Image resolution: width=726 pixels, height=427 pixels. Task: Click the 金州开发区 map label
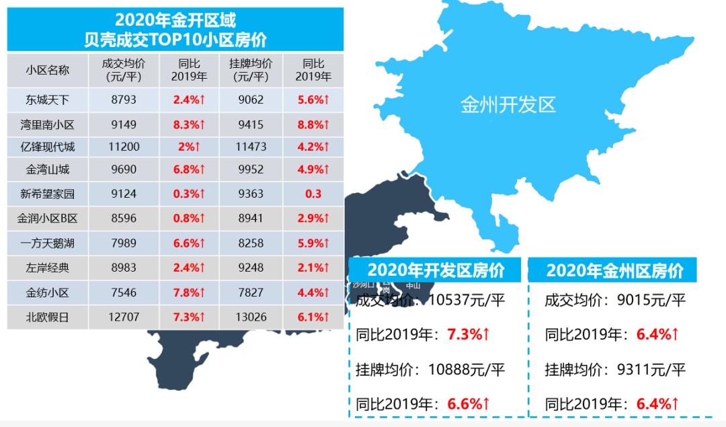(x=508, y=105)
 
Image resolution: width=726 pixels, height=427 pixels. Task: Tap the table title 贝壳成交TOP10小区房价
(x=175, y=39)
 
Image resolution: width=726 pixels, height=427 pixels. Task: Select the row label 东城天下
(x=48, y=100)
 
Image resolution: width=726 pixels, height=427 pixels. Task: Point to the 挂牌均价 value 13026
(x=250, y=317)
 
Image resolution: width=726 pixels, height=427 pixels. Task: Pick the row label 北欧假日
(x=48, y=317)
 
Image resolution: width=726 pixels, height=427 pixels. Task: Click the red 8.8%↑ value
(x=313, y=124)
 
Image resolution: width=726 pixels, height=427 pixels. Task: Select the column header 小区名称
(x=48, y=70)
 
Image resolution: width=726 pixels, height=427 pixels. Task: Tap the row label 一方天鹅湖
(x=48, y=243)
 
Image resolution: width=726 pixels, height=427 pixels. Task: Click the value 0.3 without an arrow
(x=313, y=194)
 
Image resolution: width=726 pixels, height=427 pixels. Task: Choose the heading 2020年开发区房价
(x=435, y=270)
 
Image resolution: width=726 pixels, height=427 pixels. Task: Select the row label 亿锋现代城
(x=48, y=147)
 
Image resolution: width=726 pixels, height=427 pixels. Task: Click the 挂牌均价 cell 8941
(x=250, y=218)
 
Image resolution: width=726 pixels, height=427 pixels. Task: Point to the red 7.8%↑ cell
(x=188, y=293)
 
